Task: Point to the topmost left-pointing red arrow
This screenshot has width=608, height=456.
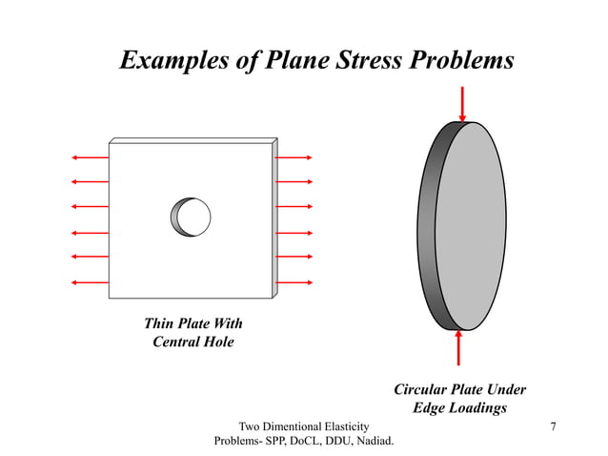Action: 90,156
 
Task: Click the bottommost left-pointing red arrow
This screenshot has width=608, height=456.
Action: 90,281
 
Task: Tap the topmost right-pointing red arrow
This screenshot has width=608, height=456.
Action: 295,156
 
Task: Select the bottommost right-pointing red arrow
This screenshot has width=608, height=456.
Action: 295,281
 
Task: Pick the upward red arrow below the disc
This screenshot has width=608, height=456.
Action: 459,347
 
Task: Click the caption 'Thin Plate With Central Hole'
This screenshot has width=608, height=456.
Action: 193,332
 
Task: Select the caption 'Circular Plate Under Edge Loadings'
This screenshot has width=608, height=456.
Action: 459,399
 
